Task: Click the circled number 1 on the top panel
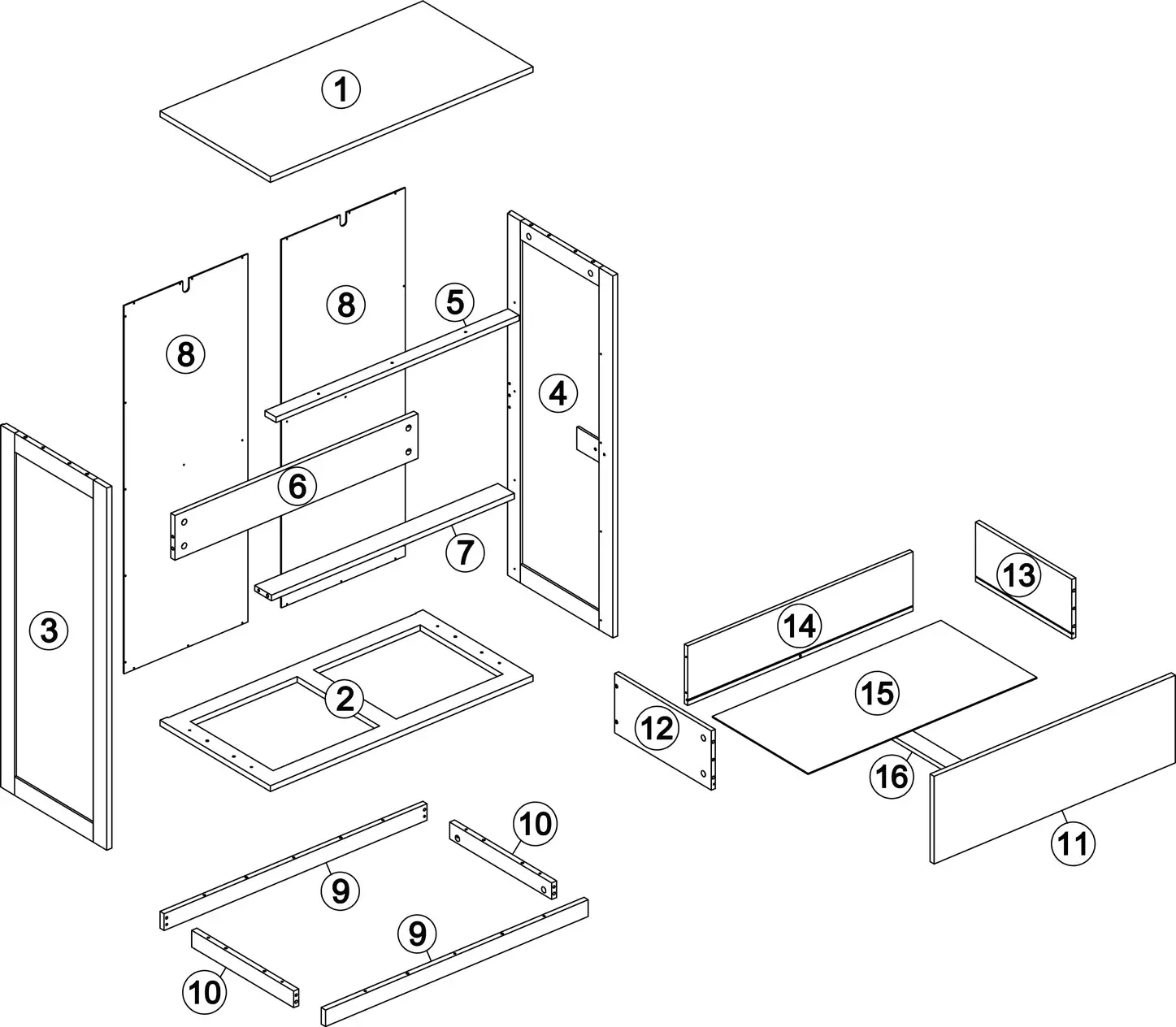click(x=341, y=89)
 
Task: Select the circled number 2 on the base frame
click(x=345, y=700)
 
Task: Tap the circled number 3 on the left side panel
click(x=49, y=630)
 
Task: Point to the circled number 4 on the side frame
click(x=558, y=393)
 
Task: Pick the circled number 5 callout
click(x=454, y=302)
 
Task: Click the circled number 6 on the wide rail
click(x=297, y=487)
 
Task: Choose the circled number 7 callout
click(x=465, y=552)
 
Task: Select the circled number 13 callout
click(x=1018, y=575)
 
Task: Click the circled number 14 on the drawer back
click(x=799, y=626)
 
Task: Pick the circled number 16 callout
click(x=892, y=777)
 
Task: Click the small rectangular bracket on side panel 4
click(x=587, y=440)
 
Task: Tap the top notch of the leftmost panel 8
click(x=188, y=285)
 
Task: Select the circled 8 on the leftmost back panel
click(x=185, y=355)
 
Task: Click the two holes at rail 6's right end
click(x=409, y=440)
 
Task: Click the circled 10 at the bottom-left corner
click(x=205, y=991)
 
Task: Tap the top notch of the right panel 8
click(x=346, y=219)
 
